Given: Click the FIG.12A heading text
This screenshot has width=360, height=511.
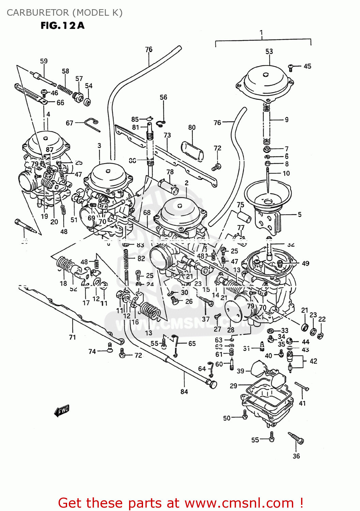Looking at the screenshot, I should [x=62, y=26].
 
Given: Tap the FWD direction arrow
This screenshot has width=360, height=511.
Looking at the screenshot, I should [x=62, y=411].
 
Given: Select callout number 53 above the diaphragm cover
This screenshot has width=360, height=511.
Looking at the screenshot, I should [x=269, y=51].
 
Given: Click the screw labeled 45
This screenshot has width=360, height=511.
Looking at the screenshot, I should [x=291, y=67].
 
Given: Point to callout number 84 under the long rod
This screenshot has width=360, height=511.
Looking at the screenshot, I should [x=184, y=392].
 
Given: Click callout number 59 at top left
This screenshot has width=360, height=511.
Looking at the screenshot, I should [x=44, y=61].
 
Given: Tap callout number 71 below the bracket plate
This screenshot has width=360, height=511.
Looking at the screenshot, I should [x=72, y=337].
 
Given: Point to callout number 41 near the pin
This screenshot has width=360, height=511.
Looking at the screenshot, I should [x=302, y=403].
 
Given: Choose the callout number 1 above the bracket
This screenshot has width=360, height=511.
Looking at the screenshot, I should [x=261, y=33].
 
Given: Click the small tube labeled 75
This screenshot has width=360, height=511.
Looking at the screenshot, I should [x=244, y=217].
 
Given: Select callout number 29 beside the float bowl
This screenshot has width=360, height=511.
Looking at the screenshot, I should [x=233, y=386].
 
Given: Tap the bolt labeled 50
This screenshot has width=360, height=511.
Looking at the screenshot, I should [x=245, y=414].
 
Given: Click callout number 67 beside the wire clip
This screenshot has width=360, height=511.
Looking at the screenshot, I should [x=69, y=123].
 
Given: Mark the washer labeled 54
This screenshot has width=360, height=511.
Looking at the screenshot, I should [x=88, y=102].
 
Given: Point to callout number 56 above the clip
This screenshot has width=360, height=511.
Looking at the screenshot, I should [x=163, y=97].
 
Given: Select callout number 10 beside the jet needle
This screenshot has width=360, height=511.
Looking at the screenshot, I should [x=286, y=173].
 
